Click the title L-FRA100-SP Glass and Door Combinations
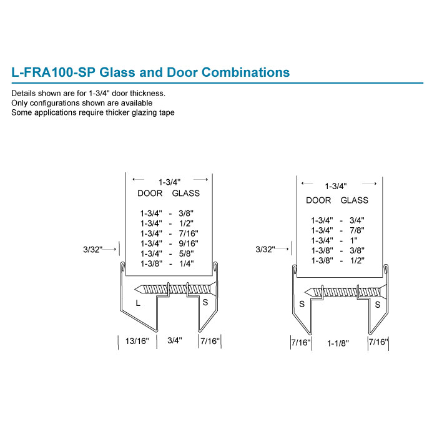tap(150, 72)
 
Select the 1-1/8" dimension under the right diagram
tap(338, 343)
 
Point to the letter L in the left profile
tap(138, 303)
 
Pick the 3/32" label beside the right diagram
tap(265, 250)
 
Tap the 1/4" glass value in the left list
tap(185, 263)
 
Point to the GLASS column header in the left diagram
tap(185, 194)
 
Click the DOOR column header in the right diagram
tap(318, 200)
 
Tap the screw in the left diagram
tap(176, 289)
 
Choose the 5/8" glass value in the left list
tap(185, 253)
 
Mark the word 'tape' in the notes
tap(165, 112)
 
